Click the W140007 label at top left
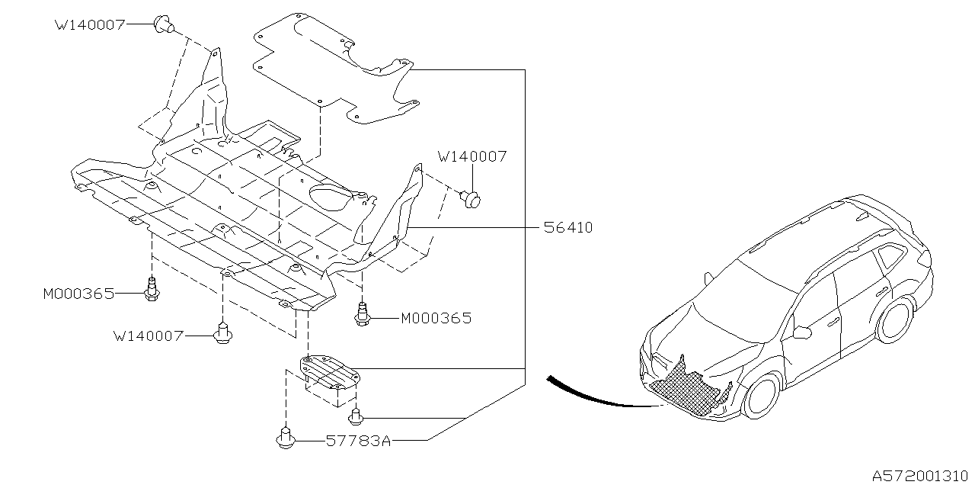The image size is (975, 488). pos(89,24)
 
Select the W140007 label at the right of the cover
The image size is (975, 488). pos(472,156)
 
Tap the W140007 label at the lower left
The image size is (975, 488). pos(149,335)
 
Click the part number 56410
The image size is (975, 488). pos(568,227)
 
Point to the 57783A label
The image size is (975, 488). pos(358,441)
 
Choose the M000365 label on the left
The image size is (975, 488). pos(78,293)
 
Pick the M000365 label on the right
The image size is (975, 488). pos(436,318)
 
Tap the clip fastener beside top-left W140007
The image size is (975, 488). pos(162,24)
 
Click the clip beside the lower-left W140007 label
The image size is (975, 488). pos(222,333)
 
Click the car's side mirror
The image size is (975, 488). pos(802,332)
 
